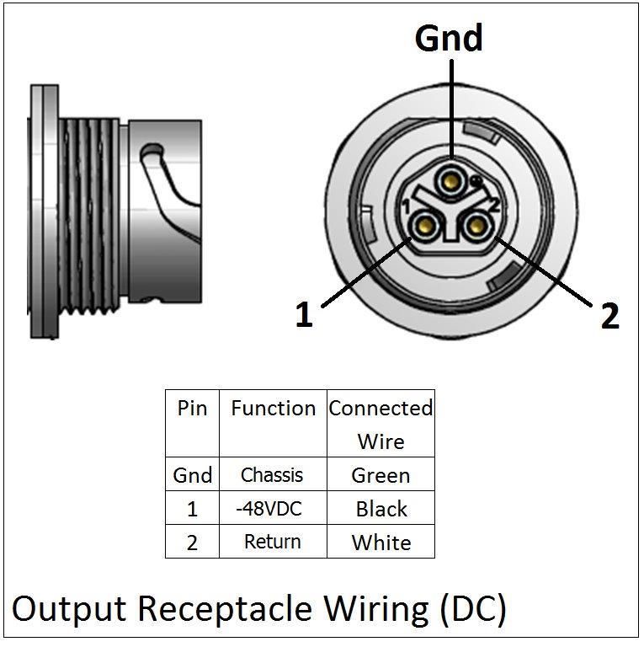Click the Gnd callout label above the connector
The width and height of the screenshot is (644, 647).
(449, 38)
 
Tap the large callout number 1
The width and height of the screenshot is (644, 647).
(304, 314)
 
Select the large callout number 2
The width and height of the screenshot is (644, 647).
(609, 316)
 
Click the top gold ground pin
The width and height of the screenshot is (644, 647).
(451, 181)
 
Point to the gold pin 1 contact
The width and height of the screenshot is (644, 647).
(425, 226)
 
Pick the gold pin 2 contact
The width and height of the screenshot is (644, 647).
(476, 226)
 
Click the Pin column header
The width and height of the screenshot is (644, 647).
(192, 408)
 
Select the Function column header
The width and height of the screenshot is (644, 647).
(274, 408)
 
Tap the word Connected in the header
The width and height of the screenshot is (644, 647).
(381, 408)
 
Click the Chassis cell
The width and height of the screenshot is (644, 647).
(272, 475)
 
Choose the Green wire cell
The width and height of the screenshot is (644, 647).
(381, 475)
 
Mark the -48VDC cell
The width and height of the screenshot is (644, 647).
(269, 508)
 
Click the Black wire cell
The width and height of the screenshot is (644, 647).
(381, 509)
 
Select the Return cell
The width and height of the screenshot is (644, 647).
(273, 542)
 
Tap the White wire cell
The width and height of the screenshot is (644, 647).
(381, 543)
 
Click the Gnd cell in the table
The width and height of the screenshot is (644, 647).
(193, 475)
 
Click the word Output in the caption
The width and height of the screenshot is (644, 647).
(69, 609)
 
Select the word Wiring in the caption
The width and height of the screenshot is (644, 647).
(375, 609)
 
